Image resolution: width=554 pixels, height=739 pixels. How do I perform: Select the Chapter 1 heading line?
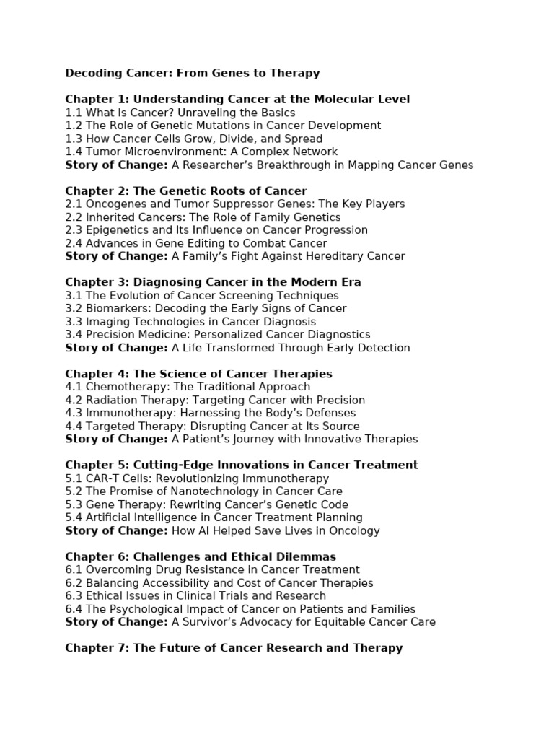point(237,99)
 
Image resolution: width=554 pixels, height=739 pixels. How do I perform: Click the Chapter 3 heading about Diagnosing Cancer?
point(213,282)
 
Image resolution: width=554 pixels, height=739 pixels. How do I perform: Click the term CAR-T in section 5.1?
point(102,478)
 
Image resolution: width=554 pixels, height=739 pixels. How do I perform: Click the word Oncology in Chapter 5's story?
point(355,530)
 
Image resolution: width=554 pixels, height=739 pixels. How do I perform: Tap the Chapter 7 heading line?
point(234,648)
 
